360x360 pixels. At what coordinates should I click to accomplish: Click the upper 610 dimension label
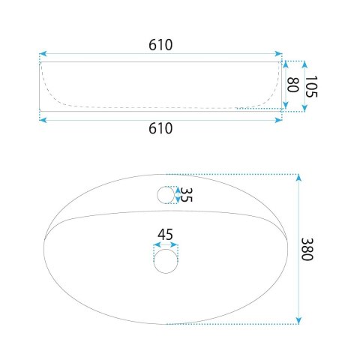click(x=160, y=45)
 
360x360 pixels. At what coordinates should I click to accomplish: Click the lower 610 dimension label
click(x=160, y=128)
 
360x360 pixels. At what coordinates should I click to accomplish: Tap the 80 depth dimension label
click(x=292, y=85)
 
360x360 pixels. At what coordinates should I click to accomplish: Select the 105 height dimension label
click(x=311, y=86)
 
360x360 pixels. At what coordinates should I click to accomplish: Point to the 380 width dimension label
click(x=307, y=249)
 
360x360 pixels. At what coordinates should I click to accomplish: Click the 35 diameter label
click(x=186, y=194)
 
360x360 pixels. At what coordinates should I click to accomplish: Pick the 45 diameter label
click(x=165, y=235)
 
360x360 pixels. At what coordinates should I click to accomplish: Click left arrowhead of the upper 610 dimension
click(x=43, y=53)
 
